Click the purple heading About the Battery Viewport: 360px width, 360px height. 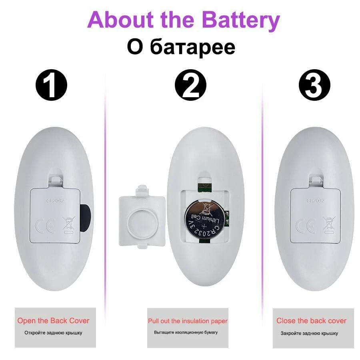click(184, 20)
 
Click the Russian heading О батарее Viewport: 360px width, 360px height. click(181, 47)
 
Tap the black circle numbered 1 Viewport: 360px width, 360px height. click(52, 85)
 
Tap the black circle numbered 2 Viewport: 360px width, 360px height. click(190, 85)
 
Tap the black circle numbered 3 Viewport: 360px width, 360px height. click(314, 85)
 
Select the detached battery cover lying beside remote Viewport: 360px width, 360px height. click(142, 217)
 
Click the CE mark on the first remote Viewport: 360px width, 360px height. click(45, 226)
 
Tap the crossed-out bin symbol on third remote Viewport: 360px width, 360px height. click(329, 225)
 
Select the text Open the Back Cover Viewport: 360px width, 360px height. click(53, 320)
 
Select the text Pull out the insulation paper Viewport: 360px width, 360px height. click(188, 321)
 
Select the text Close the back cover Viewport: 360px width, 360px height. click(311, 320)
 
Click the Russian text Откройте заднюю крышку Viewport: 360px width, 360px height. click(53, 333)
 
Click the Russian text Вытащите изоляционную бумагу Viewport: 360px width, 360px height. click(186, 332)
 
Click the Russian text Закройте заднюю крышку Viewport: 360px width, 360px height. click(309, 333)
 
